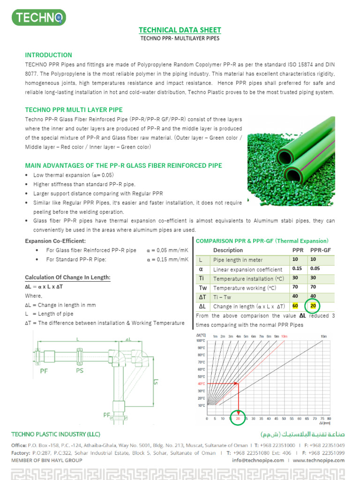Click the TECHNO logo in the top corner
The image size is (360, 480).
click(38, 18)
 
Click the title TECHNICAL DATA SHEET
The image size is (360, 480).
click(180, 30)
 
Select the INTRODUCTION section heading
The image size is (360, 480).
click(48, 55)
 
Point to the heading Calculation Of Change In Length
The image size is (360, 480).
click(67, 277)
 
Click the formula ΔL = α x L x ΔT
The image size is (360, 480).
click(44, 286)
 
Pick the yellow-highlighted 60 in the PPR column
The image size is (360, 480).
click(295, 306)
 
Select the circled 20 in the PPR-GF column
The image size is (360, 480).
click(314, 306)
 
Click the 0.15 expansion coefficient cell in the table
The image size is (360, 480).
click(297, 269)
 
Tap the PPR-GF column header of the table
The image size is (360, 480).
click(321, 250)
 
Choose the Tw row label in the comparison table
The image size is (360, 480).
click(203, 288)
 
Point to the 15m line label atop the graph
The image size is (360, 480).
click(323, 336)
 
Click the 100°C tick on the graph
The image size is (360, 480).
click(200, 341)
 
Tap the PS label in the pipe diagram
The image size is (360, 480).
click(80, 370)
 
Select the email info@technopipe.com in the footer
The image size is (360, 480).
click(258, 460)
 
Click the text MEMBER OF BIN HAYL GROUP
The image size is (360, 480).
click(47, 460)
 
